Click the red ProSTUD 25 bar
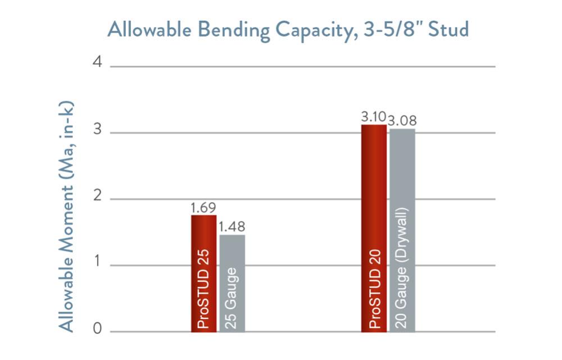point(203,274)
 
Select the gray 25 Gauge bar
point(232,284)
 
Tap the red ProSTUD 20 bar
point(374,228)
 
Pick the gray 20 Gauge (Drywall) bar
point(402,230)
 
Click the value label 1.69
point(203,208)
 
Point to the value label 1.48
point(232,227)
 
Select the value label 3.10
point(373,117)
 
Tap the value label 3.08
point(402,121)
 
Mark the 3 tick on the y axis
point(98,131)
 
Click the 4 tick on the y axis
point(98,63)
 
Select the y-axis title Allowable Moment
point(67,216)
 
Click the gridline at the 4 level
point(303,67)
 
